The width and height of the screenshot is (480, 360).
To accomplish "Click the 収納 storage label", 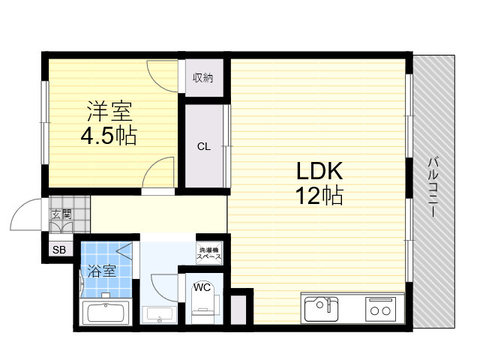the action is pos(202,78).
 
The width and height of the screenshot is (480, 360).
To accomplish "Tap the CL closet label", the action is pos(204,147).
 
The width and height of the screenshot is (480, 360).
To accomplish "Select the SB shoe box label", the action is pos(59,250).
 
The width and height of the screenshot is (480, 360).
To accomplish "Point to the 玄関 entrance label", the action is pos(61,214).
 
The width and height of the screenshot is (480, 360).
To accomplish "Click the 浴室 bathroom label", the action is pos(102,271).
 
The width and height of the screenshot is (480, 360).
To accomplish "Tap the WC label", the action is pos(202,287).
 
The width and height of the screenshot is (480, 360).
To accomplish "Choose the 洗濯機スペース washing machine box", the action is pos(209,253).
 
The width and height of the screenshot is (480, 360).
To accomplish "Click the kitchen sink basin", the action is pos(321,309).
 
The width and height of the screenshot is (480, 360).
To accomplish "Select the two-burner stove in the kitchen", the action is pos(380,309).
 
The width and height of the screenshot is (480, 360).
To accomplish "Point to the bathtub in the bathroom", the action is pos(106,313).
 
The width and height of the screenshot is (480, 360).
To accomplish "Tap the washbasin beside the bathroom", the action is pos(159,314).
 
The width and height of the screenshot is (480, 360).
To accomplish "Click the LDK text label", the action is pos(319,171).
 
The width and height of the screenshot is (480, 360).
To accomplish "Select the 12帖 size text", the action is pos(319,195).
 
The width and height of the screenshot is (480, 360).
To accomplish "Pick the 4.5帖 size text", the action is pos(109,135).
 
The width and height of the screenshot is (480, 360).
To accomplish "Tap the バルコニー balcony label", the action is pos(433,187).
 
